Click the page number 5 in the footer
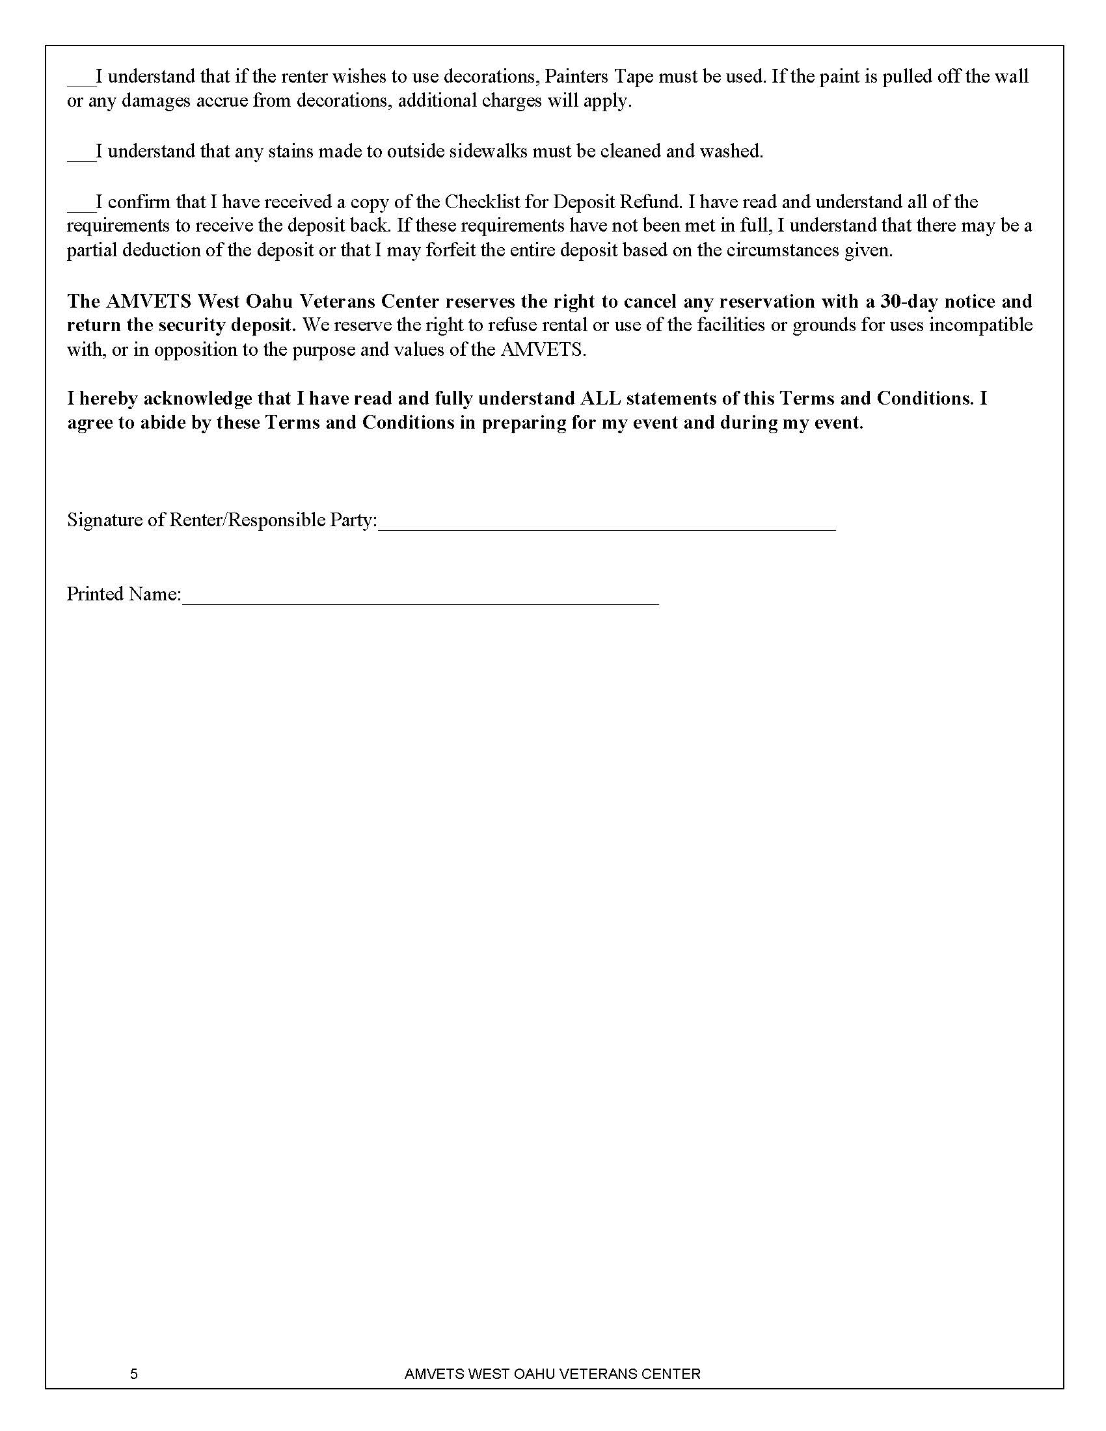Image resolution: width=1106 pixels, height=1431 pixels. click(x=133, y=1369)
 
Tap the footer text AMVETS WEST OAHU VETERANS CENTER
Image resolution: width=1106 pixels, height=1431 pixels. click(x=552, y=1369)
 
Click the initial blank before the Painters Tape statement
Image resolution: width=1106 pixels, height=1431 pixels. click(x=81, y=81)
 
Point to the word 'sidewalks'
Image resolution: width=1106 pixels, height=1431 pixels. click(x=488, y=152)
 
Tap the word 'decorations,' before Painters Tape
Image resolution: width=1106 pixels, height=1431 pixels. click(x=491, y=77)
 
